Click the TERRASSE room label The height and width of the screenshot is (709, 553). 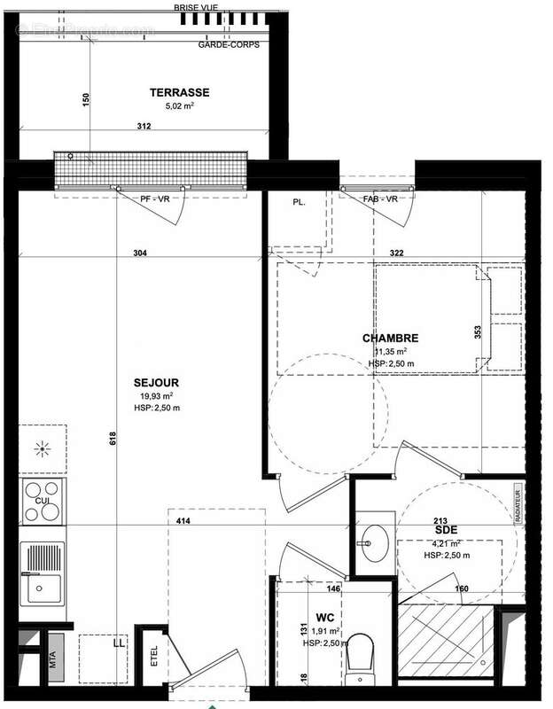(x=179, y=92)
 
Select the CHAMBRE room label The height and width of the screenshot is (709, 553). (x=390, y=338)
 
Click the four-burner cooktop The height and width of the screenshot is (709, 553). (x=43, y=502)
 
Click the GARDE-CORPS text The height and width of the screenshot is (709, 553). (x=229, y=43)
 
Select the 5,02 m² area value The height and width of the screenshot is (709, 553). (x=179, y=105)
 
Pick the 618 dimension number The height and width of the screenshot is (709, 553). (x=113, y=440)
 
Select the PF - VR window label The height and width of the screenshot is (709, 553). (x=160, y=199)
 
